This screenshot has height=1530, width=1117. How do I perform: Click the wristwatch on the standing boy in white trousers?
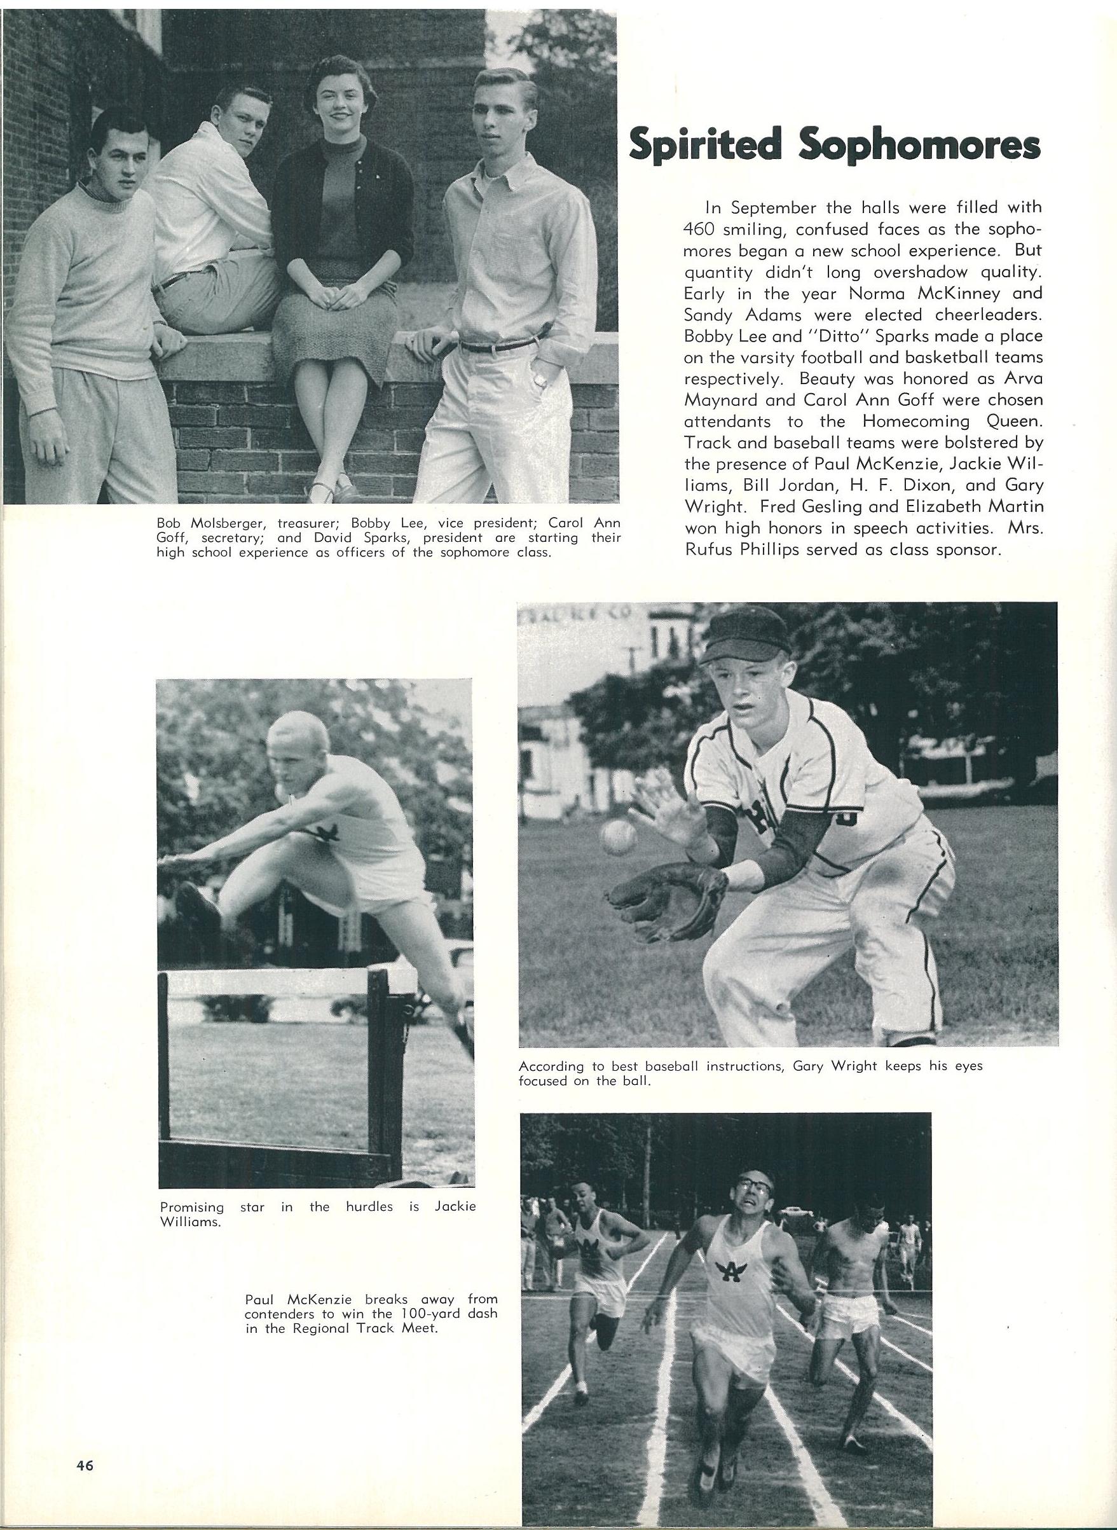pos(541,381)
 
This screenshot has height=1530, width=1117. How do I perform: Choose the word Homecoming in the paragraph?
pos(917,422)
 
